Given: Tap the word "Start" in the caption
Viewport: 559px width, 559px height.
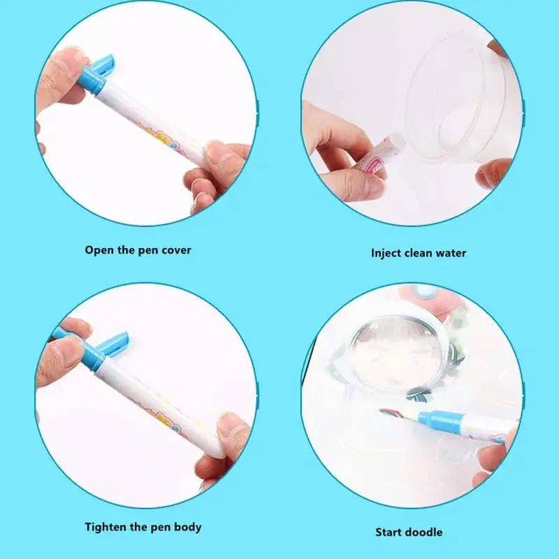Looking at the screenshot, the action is coord(389,532).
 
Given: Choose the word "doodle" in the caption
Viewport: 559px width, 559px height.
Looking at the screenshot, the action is coord(423,532).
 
